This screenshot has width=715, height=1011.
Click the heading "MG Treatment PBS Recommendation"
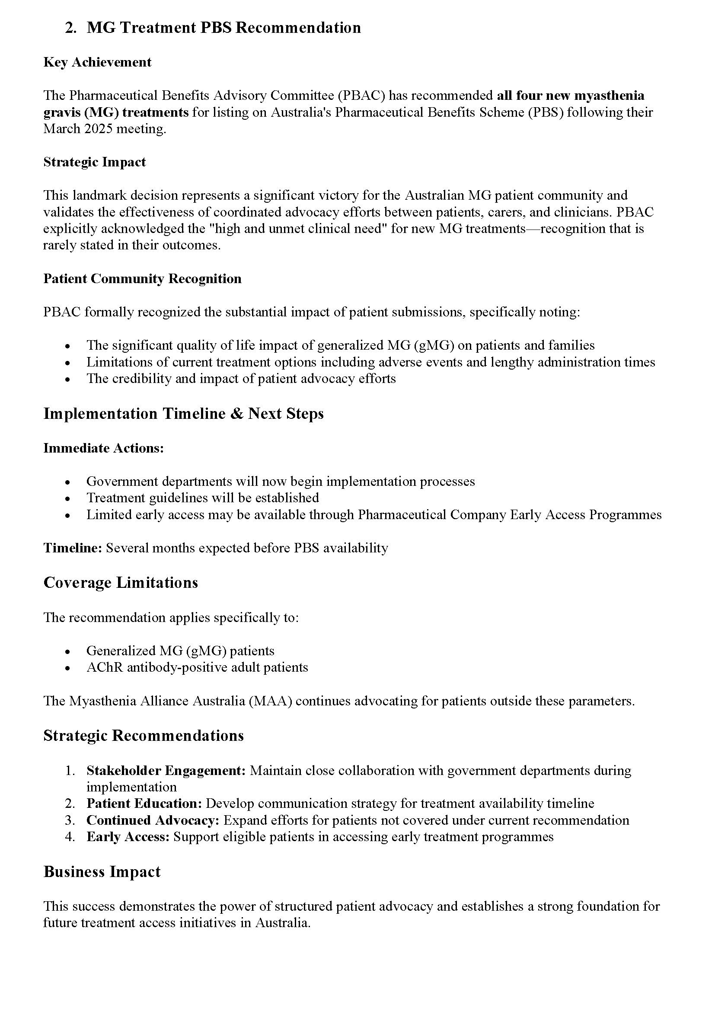223,28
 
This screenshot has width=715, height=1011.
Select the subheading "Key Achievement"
97,62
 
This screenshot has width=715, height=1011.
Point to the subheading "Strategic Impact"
94,162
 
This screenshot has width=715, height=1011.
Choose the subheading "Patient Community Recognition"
142,279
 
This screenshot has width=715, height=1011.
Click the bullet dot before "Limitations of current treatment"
67,362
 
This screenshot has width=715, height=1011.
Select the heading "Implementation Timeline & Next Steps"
183,414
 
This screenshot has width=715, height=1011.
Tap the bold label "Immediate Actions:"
103,448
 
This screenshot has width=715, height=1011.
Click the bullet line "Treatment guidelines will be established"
202,498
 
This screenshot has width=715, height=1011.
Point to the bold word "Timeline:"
73,548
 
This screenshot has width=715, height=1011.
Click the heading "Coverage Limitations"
121,583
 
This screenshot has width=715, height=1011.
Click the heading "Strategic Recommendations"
144,736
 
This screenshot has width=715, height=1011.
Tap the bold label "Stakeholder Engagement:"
166,771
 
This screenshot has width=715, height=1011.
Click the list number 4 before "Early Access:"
70,837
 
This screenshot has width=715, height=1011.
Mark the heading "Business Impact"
102,872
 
